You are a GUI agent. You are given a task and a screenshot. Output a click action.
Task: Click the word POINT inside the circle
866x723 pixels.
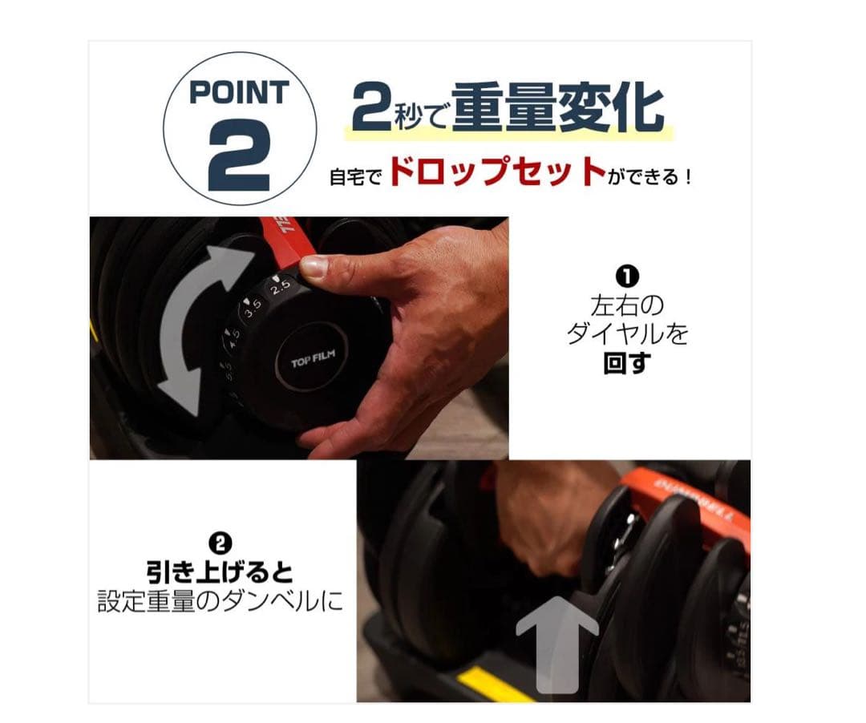tap(239, 92)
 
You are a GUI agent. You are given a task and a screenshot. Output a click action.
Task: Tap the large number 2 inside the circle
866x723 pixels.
tap(239, 156)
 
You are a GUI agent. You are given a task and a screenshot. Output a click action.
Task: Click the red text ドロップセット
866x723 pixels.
tap(496, 172)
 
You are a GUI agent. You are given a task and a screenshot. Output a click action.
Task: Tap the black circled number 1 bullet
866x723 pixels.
tap(626, 277)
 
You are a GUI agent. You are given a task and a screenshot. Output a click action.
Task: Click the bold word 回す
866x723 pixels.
tap(626, 362)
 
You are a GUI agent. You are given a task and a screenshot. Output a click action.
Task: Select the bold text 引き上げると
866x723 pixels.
tap(220, 572)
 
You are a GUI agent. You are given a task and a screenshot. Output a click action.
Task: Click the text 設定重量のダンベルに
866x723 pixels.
tap(220, 601)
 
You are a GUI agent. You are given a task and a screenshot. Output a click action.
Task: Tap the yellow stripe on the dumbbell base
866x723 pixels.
tap(496, 684)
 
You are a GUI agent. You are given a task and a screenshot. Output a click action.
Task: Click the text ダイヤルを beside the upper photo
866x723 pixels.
tap(626, 333)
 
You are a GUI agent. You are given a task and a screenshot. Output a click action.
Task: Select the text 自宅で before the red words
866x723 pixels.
tap(357, 176)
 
